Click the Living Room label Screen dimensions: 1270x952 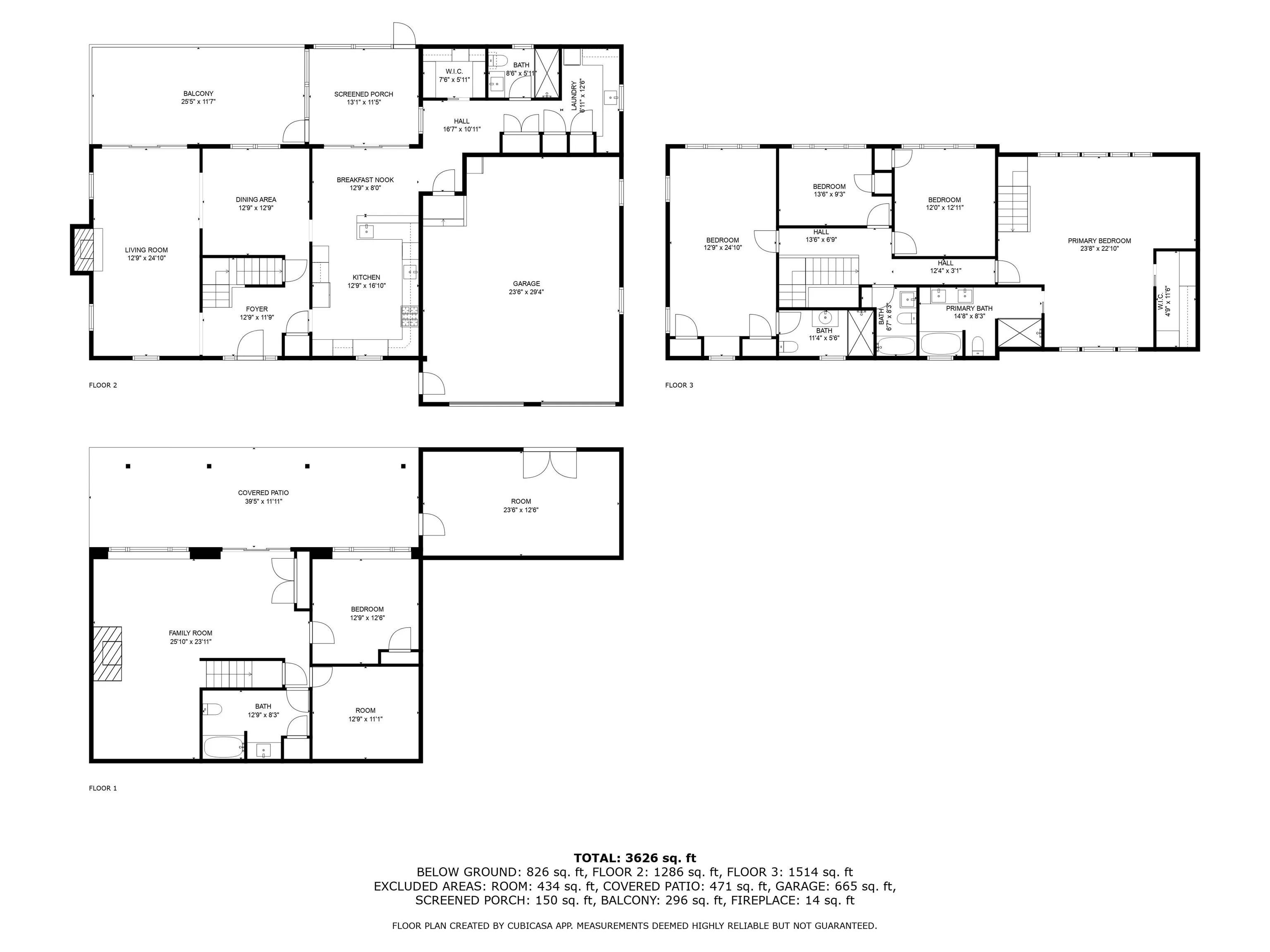[146, 250]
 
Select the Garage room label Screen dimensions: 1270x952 [527, 283]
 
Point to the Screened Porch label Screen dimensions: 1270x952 [363, 94]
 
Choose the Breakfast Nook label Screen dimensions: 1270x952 [365, 180]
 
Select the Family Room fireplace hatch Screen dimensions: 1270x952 [108, 654]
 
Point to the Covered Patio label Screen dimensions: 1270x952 [263, 493]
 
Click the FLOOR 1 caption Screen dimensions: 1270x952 [103, 788]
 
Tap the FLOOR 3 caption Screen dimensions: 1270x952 [679, 385]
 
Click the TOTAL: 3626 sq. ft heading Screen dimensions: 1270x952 [635, 858]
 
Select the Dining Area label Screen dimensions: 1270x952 [256, 200]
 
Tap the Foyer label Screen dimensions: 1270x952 [257, 309]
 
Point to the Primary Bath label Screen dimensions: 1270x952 [969, 308]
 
